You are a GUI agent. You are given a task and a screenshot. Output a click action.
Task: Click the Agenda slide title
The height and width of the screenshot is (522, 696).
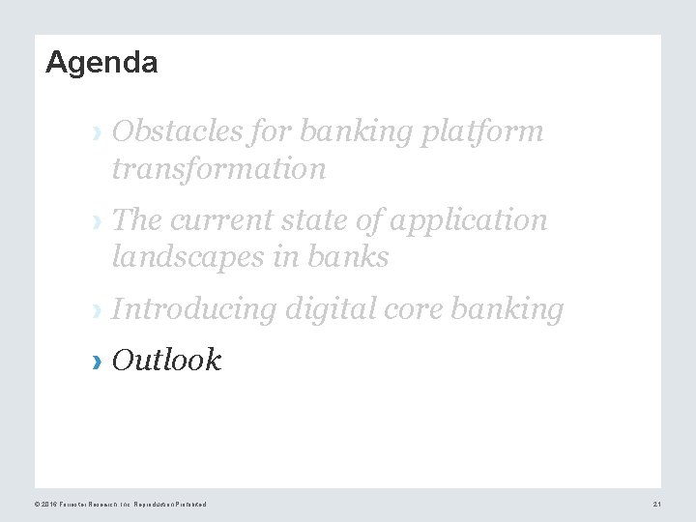pos(101,63)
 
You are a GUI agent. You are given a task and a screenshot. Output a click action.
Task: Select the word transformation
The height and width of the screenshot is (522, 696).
pos(218,169)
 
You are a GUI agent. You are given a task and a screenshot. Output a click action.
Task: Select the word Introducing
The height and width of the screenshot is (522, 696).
pos(194,309)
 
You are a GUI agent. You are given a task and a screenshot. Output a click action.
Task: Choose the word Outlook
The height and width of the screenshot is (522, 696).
pos(166,361)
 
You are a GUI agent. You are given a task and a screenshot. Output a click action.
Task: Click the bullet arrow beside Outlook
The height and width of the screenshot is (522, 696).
pos(96,362)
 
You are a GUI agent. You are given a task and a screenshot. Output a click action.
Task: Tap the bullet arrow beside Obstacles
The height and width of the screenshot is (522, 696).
pos(96,132)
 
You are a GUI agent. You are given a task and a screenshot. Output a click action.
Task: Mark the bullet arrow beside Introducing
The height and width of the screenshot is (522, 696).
pos(96,311)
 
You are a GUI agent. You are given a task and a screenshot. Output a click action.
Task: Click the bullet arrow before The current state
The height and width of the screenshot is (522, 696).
pos(96,221)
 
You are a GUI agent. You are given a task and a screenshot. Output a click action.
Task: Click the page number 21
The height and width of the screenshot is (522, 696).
pos(656,505)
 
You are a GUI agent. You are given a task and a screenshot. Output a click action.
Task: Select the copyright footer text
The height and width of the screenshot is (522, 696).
pos(120,505)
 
